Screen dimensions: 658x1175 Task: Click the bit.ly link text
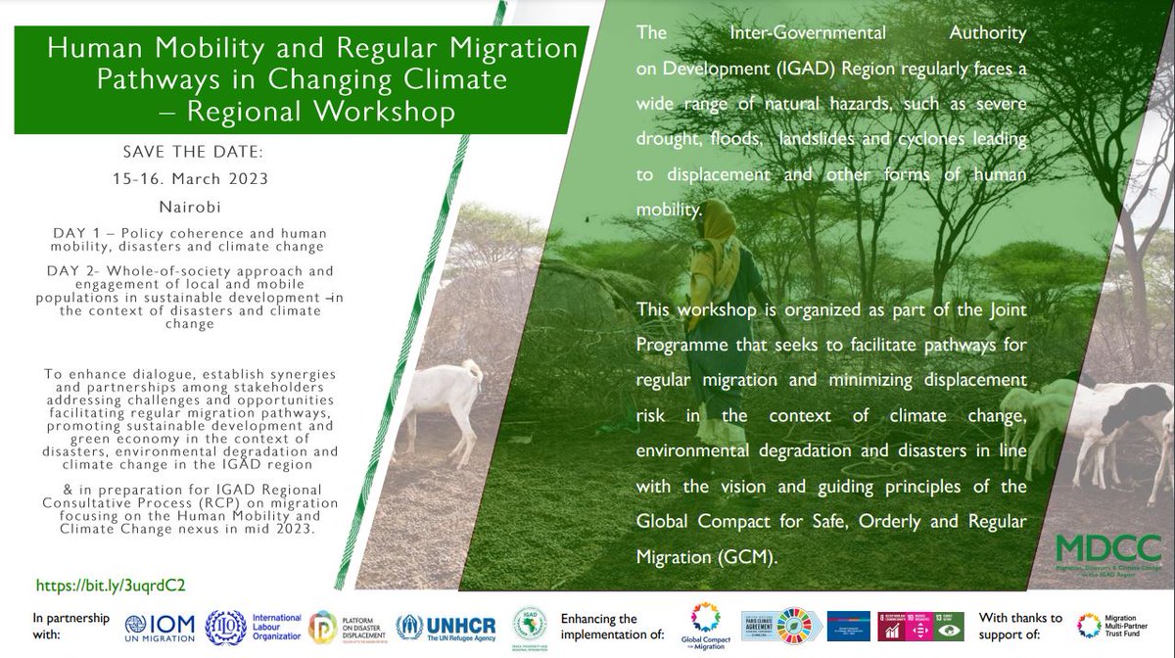tap(111, 585)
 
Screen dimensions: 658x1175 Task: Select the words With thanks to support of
tap(1020, 627)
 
